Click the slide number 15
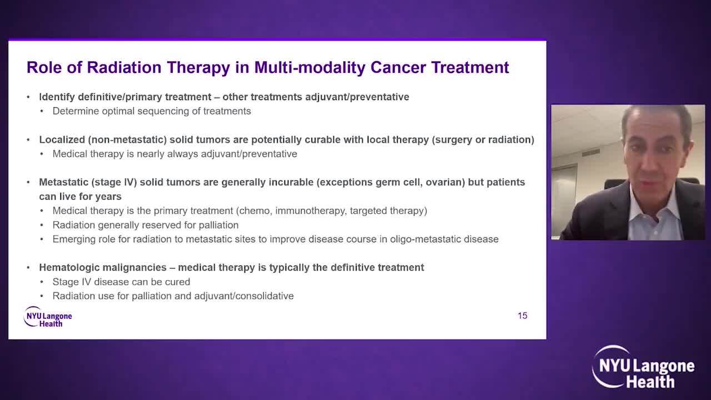pos(523,316)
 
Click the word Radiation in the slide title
pos(124,67)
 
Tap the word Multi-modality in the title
pos(310,68)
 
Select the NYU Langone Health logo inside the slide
pos(48,317)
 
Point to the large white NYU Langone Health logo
pos(643,367)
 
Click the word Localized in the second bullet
pos(62,139)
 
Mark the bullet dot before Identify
pos(28,97)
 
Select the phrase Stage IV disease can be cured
pos(121,282)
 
